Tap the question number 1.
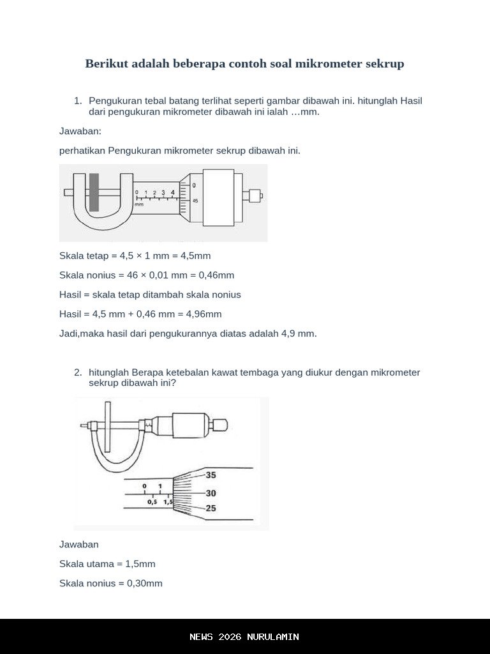[x=78, y=101]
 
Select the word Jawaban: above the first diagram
[x=80, y=132]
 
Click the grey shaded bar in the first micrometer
[x=94, y=192]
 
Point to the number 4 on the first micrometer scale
[x=172, y=192]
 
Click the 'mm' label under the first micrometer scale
[x=139, y=204]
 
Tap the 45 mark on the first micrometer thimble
[x=195, y=201]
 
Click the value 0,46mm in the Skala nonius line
[x=216, y=275]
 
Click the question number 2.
[x=78, y=372]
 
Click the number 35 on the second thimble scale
[x=211, y=475]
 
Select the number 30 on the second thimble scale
[x=211, y=493]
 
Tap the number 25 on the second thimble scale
[x=211, y=508]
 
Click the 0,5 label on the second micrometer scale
[x=152, y=502]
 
